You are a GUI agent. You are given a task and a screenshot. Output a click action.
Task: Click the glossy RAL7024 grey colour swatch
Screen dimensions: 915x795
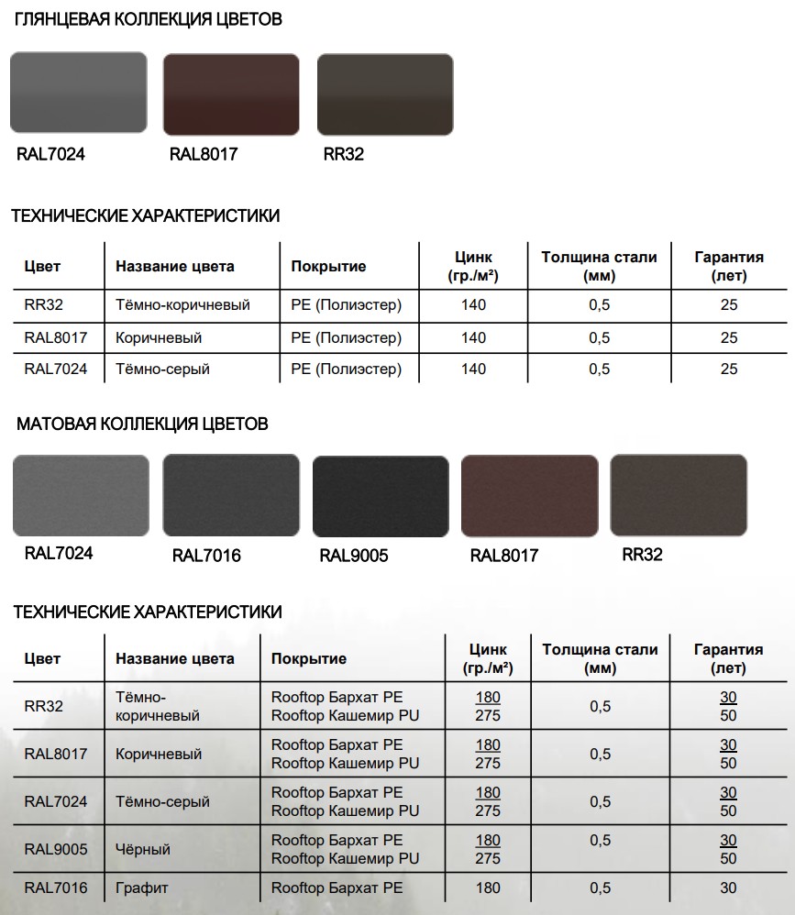(78, 94)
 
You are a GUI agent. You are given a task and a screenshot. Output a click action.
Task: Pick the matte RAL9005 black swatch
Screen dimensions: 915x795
(381, 496)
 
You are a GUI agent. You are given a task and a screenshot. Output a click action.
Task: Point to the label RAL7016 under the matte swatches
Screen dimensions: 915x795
(206, 556)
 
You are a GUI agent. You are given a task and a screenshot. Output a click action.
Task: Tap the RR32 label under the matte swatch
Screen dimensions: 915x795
(642, 554)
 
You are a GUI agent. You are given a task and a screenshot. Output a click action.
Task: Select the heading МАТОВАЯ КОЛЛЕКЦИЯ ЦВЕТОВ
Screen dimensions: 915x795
(142, 424)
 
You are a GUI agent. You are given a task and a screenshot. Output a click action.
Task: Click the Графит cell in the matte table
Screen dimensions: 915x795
(142, 887)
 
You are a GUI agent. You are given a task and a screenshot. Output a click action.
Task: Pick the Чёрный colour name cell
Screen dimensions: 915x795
(143, 850)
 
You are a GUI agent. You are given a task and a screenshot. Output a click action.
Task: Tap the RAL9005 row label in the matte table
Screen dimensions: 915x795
(56, 850)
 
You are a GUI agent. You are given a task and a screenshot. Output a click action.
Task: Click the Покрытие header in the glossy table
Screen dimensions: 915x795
(328, 267)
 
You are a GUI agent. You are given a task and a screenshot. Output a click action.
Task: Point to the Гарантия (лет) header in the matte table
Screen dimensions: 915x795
(728, 658)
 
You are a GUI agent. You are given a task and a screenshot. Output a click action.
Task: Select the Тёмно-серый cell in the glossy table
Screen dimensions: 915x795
(163, 369)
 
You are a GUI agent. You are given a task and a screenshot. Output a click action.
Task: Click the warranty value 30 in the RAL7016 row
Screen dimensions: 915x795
(728, 887)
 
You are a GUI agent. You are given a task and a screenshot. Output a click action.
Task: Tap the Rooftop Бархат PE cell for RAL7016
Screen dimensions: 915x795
(337, 887)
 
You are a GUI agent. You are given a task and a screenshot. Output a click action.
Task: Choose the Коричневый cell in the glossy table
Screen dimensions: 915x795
(159, 337)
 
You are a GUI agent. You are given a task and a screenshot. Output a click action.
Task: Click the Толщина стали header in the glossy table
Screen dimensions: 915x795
(599, 266)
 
